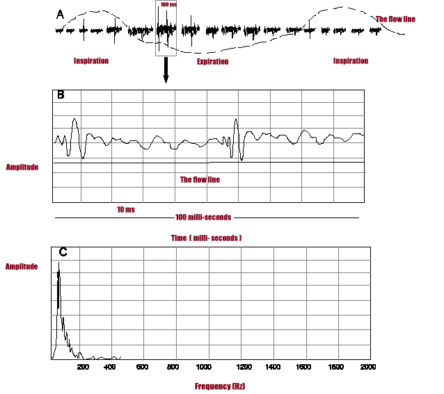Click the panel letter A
point(60,13)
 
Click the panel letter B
point(61,95)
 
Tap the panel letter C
point(62,252)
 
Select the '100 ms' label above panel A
point(168,5)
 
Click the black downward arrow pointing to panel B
point(166,70)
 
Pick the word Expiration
point(212,62)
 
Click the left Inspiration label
point(91,61)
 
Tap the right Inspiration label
point(351,61)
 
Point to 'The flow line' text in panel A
point(395,19)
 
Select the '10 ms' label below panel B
point(126,208)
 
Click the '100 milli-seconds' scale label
point(203,217)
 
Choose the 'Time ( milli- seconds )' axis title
point(206,238)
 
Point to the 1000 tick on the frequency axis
point(203,366)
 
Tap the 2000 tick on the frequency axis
point(368,366)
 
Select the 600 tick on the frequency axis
point(141,366)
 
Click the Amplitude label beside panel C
point(22,266)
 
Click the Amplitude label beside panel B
point(22,167)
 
